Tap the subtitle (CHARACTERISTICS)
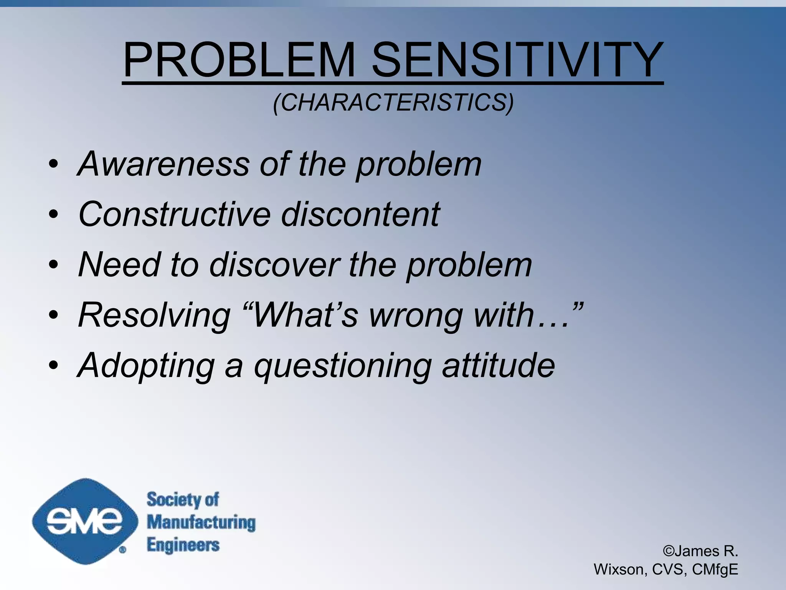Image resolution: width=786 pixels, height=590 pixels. tap(393, 103)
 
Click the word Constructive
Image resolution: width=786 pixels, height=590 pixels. tap(175, 214)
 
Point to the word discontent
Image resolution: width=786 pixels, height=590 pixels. tap(360, 214)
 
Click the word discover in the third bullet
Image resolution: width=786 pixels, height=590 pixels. tap(275, 265)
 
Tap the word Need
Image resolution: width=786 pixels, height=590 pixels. tap(119, 265)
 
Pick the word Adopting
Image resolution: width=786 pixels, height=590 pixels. tap(146, 366)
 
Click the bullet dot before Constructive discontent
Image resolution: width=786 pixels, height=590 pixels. tap(53, 214)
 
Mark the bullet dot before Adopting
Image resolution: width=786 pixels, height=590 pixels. tap(53, 365)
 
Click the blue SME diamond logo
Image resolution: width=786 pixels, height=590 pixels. tap(85, 521)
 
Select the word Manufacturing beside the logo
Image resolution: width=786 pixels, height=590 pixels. tap(201, 522)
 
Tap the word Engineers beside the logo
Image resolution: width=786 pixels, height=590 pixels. tap(183, 545)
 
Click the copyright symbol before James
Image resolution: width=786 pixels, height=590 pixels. tap(668, 551)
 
